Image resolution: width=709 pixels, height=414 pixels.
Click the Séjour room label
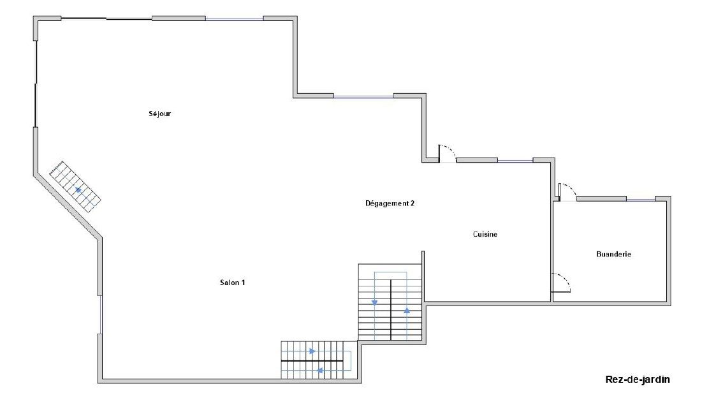coord(159,114)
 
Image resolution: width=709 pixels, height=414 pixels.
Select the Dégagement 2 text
coord(390,203)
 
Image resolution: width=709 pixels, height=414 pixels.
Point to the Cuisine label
coord(485,234)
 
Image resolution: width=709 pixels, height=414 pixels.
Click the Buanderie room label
coord(613,254)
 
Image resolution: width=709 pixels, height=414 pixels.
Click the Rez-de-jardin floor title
coord(637,379)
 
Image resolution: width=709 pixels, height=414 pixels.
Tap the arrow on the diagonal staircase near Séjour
coord(78,189)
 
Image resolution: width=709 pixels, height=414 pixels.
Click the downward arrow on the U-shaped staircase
coord(374,302)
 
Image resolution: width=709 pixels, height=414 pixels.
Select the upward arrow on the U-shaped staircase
coord(407,311)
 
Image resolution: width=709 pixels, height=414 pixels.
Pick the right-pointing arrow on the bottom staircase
coord(312,351)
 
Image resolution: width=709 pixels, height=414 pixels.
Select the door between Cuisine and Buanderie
coord(561,283)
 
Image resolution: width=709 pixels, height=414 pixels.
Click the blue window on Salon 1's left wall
coord(100,314)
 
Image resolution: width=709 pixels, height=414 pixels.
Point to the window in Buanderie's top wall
coord(640,200)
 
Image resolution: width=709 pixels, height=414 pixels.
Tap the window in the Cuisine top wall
coord(515,161)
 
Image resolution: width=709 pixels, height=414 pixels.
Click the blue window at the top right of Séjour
coord(234,19)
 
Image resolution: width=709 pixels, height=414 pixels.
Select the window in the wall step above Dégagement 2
coord(363,97)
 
